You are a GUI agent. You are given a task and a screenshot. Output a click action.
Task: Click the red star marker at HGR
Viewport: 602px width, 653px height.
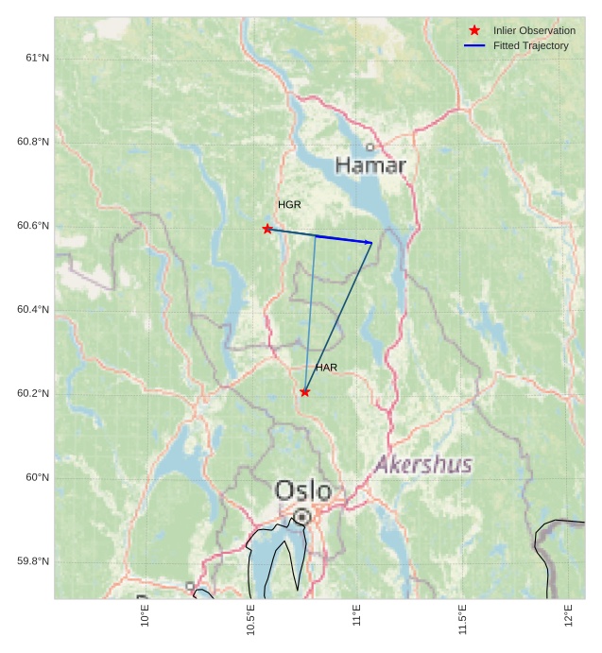pyautogui.click(x=267, y=229)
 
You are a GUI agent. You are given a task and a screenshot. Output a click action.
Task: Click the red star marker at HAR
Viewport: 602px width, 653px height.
pyautogui.click(x=304, y=391)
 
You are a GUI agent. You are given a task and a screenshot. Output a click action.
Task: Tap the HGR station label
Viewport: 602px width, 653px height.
pyautogui.click(x=289, y=205)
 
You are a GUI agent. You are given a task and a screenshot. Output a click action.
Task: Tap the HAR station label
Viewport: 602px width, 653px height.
pyautogui.click(x=326, y=368)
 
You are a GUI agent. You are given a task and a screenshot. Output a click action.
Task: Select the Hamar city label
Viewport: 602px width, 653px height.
pyautogui.click(x=370, y=166)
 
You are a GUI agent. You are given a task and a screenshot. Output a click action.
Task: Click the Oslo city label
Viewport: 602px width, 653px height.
pyautogui.click(x=303, y=490)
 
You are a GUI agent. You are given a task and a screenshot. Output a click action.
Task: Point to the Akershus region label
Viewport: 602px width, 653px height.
pyautogui.click(x=423, y=465)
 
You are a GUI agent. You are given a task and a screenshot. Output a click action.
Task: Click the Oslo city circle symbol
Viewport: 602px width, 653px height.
pyautogui.click(x=301, y=517)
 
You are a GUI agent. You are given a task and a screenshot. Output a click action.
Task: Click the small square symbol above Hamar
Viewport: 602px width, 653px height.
pyautogui.click(x=370, y=146)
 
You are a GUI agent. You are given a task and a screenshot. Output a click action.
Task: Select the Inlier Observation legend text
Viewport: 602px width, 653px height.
pyautogui.click(x=534, y=30)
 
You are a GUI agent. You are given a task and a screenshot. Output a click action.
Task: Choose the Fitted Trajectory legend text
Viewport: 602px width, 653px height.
pyautogui.click(x=531, y=45)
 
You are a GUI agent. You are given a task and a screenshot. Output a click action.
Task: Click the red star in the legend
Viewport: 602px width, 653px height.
pyautogui.click(x=474, y=30)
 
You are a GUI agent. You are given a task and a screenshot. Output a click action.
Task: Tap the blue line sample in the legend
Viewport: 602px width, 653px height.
pyautogui.click(x=474, y=45)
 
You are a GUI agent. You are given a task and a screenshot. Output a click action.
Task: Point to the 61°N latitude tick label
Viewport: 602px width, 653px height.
pyautogui.click(x=37, y=58)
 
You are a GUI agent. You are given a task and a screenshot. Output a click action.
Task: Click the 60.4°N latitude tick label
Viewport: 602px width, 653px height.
pyautogui.click(x=33, y=310)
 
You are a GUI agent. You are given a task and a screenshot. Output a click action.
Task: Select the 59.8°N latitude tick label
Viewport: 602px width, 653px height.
pyautogui.click(x=33, y=561)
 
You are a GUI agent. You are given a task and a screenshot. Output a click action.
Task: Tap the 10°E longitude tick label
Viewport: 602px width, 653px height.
pyautogui.click(x=145, y=616)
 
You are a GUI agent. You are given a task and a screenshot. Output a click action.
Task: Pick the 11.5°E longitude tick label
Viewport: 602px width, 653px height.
pyautogui.click(x=462, y=620)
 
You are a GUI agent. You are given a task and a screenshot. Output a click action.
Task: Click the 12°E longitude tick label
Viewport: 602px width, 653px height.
pyautogui.click(x=568, y=616)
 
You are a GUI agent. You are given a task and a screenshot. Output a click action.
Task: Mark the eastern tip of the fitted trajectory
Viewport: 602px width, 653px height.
pyautogui.click(x=372, y=243)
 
